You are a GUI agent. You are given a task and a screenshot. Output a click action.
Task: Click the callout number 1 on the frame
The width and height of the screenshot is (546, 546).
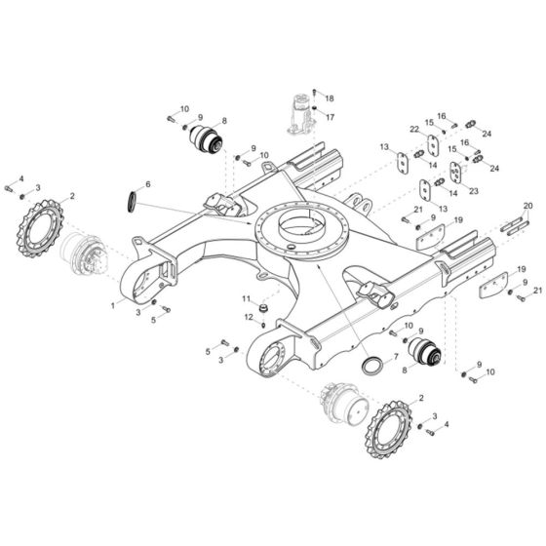[x=113, y=305]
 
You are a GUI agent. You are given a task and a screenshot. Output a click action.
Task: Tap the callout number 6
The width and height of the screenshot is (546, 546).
[x=147, y=184]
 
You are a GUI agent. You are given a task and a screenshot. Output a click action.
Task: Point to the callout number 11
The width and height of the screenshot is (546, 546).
[x=248, y=298]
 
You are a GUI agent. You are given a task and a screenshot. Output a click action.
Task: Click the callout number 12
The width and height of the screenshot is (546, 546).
[x=248, y=317]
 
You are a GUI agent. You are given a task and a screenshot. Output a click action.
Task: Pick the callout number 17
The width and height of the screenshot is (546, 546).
[x=330, y=117]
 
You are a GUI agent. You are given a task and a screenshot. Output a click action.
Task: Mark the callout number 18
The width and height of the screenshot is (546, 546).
[x=330, y=99]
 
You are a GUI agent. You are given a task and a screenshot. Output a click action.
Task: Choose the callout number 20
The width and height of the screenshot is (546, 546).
[x=528, y=205]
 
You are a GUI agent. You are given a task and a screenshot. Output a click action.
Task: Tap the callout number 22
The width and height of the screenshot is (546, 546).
[x=414, y=130]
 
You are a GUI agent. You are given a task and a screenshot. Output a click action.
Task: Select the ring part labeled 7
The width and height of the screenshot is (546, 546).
[x=372, y=368]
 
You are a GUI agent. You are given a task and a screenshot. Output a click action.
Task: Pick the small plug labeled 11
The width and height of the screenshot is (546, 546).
[x=262, y=309]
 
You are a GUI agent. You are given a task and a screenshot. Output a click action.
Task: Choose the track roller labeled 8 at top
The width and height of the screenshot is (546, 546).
[x=208, y=140]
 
